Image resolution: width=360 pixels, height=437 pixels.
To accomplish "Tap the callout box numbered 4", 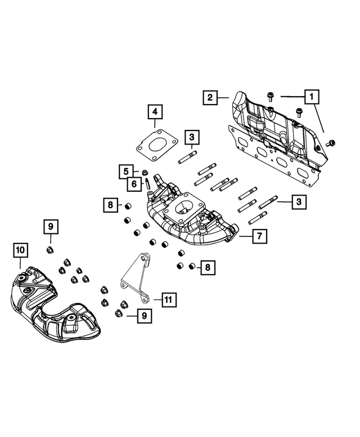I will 155,112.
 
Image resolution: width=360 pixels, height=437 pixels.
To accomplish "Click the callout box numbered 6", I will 134,183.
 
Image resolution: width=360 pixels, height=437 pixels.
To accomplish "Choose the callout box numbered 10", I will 20,249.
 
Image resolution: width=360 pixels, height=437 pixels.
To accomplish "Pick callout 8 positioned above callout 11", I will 207,268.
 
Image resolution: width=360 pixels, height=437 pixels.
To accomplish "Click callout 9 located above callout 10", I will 50,227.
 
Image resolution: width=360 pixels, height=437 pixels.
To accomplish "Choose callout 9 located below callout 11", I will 144,317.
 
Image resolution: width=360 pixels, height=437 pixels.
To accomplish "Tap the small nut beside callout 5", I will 145,172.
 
